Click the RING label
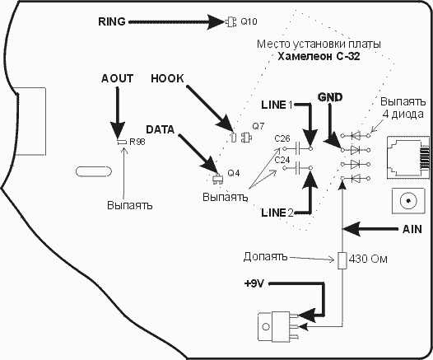(x=112, y=21)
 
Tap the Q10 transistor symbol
(x=230, y=22)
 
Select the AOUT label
(x=117, y=78)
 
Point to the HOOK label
(x=167, y=79)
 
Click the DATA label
(x=161, y=129)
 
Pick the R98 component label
(x=137, y=142)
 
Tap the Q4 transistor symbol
(x=218, y=178)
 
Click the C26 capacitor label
(x=282, y=138)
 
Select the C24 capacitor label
(x=282, y=160)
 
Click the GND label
(x=330, y=97)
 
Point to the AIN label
(x=412, y=229)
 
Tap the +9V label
(x=254, y=283)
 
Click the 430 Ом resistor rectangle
(x=342, y=260)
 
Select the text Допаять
(x=265, y=257)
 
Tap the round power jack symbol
(x=408, y=200)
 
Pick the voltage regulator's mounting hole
(x=266, y=326)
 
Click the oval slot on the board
(x=94, y=171)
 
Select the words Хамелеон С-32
(x=319, y=56)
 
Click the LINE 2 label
(x=277, y=213)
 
